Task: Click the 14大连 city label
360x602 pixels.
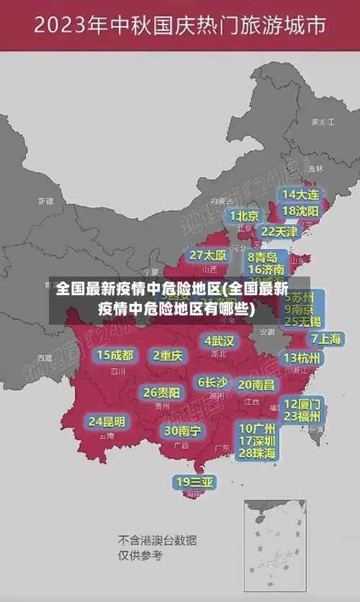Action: [300, 194]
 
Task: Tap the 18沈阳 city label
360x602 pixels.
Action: [300, 211]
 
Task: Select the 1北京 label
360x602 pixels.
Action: [245, 216]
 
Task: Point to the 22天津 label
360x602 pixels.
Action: [279, 232]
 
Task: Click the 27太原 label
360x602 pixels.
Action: [208, 256]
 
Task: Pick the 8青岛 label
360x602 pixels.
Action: [263, 257]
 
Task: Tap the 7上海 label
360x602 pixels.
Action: [325, 338]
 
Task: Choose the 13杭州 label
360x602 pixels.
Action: [302, 358]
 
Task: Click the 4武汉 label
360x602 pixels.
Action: [219, 341]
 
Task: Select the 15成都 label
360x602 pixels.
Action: [115, 355]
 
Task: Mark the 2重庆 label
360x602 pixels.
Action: [168, 356]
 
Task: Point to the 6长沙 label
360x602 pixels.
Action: [213, 382]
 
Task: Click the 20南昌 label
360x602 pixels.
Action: [256, 385]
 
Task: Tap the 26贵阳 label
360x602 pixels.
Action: [161, 392]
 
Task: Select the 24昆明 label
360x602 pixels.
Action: [107, 421]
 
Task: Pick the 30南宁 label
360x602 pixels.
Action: [182, 431]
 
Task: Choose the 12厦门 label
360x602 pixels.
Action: [302, 403]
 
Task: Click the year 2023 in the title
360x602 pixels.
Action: [60, 27]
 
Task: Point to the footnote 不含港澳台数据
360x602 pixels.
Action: [158, 540]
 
